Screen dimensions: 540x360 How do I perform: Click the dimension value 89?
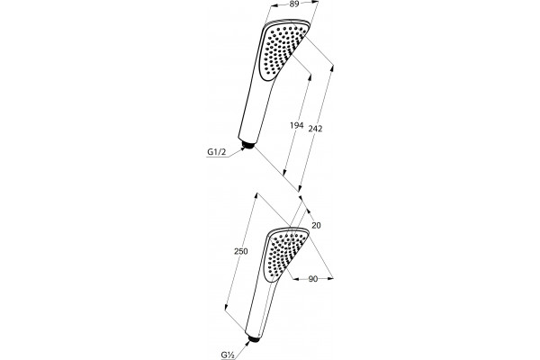click(293, 4)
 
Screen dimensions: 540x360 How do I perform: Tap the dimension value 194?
click(296, 125)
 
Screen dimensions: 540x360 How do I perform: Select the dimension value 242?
click(315, 129)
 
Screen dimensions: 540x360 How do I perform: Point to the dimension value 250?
click(240, 251)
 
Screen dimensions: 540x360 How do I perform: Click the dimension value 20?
click(316, 225)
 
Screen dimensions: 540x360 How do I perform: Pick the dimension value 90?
click(312, 279)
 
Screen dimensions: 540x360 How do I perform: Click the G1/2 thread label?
click(217, 152)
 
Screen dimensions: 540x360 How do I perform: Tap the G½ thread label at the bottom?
click(228, 354)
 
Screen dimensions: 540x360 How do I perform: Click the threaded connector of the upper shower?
click(247, 145)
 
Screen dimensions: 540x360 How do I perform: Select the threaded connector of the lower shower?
click(255, 338)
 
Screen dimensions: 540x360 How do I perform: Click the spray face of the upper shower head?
click(282, 50)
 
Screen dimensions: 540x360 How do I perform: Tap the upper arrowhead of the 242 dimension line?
click(332, 68)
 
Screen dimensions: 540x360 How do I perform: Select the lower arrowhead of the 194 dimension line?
click(284, 171)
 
